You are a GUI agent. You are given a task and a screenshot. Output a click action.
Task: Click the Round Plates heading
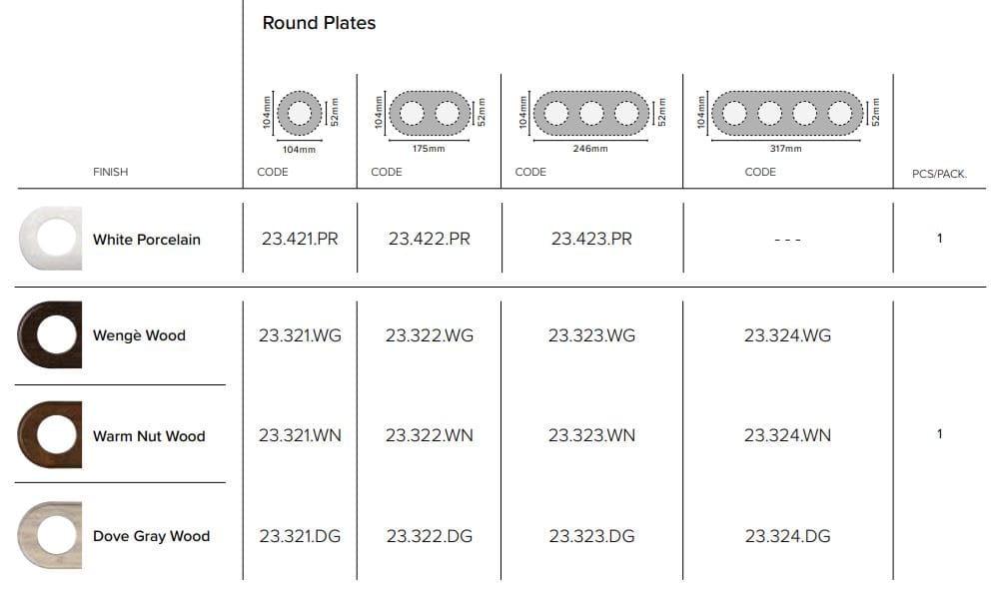pos(319,23)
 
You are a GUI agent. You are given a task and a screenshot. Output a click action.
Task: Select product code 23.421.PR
pos(300,239)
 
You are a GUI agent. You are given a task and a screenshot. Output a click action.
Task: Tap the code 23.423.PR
pos(591,239)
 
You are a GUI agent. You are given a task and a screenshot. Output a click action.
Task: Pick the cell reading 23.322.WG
pos(430,335)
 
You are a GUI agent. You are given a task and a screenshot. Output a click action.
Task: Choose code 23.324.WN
pos(787,435)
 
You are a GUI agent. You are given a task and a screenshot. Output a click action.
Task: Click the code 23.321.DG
pos(300,536)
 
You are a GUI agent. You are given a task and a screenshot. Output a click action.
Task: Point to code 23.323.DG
pos(591,536)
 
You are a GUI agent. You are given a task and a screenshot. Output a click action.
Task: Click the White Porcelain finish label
pos(146,240)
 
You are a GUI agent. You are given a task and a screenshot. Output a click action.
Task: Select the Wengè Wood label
pos(139,335)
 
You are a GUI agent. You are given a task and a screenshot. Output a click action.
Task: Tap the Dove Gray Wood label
pos(151,536)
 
